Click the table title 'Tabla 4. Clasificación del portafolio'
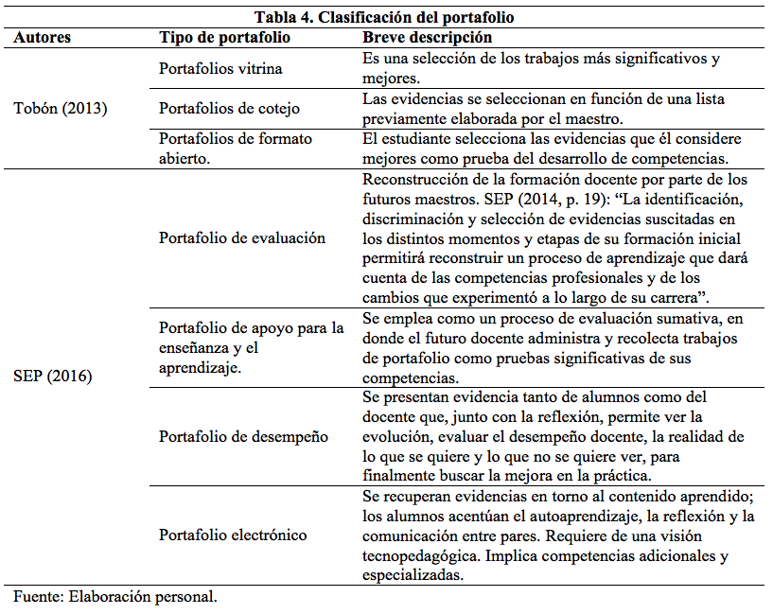click(x=385, y=17)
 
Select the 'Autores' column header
click(x=43, y=38)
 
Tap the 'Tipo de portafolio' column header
click(x=224, y=38)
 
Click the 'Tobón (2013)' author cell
click(x=61, y=108)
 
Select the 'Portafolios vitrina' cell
click(x=220, y=68)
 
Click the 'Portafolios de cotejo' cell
click(x=229, y=108)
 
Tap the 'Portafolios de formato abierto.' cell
click(x=236, y=149)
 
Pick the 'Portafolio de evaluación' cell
click(x=242, y=237)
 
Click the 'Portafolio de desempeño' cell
click(x=243, y=436)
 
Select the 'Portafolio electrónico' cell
click(x=233, y=535)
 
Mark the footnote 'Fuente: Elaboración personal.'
click(x=115, y=597)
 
